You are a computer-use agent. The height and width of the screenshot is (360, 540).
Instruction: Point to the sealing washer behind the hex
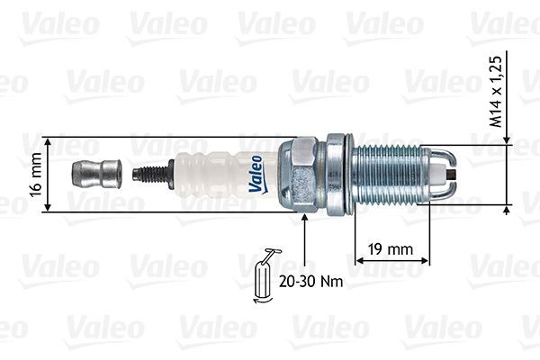pyautogui.click(x=337, y=174)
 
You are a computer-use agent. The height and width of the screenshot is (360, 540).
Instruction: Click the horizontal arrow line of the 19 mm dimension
pyautogui.click(x=393, y=262)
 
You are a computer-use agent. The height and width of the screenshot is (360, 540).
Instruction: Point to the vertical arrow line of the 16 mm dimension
pyautogui.click(x=48, y=175)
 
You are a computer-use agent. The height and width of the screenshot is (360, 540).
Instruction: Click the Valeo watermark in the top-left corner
pyautogui.click(x=59, y=26)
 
